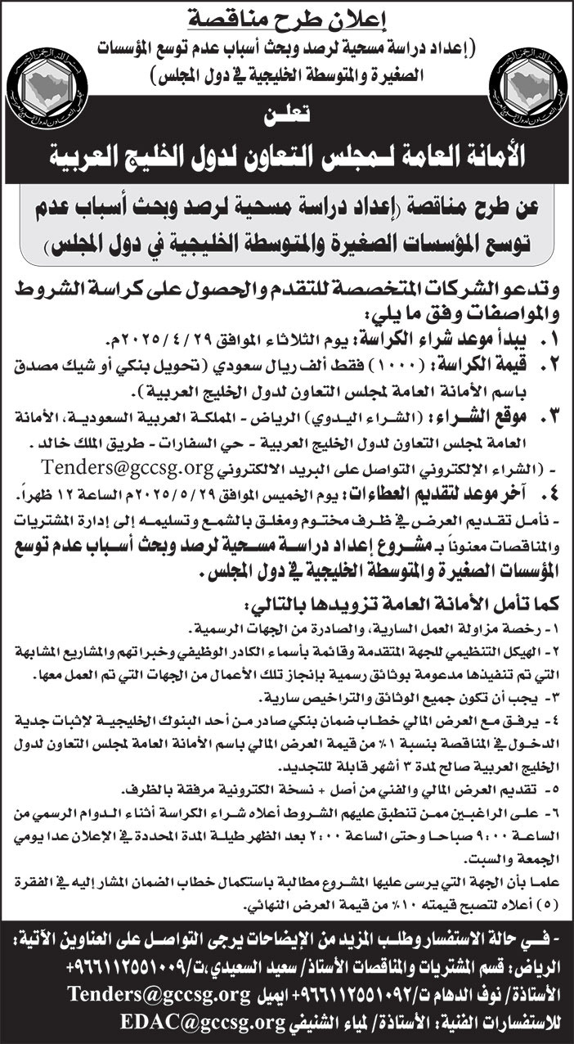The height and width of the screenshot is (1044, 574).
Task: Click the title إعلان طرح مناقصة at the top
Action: [x=287, y=14]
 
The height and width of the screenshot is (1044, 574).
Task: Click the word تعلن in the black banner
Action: [x=287, y=119]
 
